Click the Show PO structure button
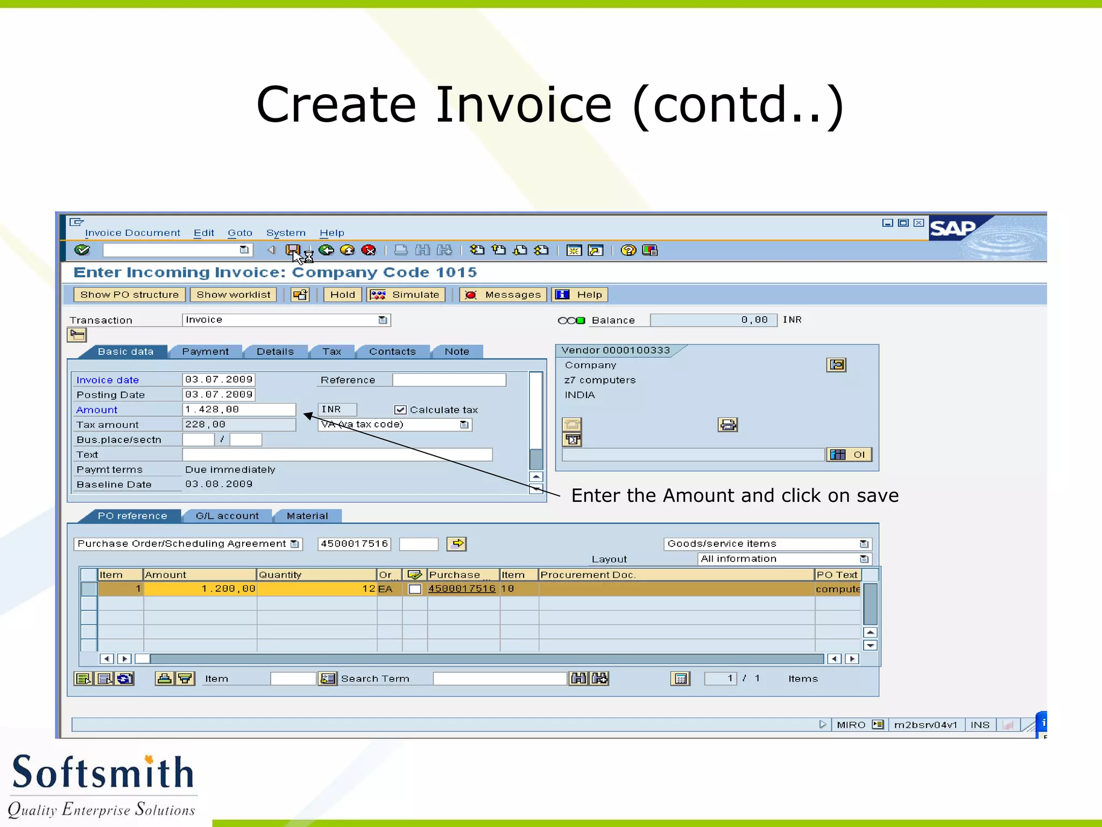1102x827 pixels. [x=129, y=295]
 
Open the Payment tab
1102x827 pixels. [x=205, y=352]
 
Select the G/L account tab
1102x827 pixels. [x=227, y=516]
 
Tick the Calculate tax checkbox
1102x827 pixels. [x=400, y=410]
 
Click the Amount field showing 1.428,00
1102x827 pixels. [x=239, y=410]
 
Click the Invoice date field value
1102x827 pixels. [x=218, y=380]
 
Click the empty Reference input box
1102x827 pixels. [x=449, y=380]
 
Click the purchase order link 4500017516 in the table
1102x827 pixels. [x=462, y=588]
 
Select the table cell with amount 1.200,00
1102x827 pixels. [x=200, y=588]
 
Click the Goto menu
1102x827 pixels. [x=240, y=233]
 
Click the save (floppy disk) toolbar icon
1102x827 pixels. [x=293, y=250]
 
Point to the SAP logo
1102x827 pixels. [x=953, y=228]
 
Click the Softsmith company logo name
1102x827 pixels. [x=103, y=772]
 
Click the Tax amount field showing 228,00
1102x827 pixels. [x=239, y=425]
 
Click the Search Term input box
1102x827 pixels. [x=500, y=679]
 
